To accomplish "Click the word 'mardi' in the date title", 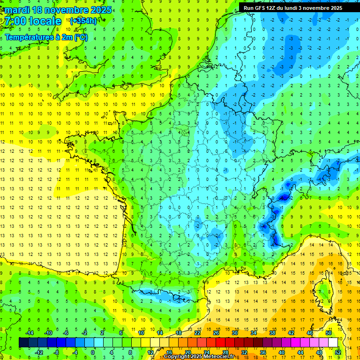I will (x=17, y=10).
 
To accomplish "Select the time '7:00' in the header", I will (x=15, y=22).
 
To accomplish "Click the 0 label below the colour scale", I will (x=93, y=352).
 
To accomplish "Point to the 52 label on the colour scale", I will (x=338, y=352).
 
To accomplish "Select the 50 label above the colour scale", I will (x=329, y=333).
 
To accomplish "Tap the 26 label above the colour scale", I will (x=216, y=333).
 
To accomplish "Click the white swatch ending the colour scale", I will (x=333, y=343).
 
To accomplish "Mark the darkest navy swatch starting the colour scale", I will (x=23, y=343).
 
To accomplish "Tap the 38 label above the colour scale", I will (x=272, y=333).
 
